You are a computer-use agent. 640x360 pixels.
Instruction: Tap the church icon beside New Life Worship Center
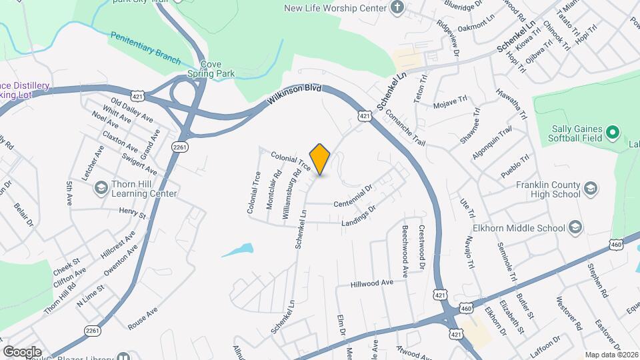tap(397, 8)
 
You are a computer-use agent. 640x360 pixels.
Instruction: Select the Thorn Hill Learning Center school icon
tap(101, 187)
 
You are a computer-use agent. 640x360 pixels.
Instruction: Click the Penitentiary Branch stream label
tap(145, 49)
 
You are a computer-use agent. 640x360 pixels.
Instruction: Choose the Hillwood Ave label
tap(373, 283)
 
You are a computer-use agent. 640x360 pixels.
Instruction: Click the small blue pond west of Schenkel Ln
tap(237, 251)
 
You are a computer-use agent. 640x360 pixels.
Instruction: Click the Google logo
tap(22, 351)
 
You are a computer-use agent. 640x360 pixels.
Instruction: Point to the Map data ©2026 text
tap(611, 354)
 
